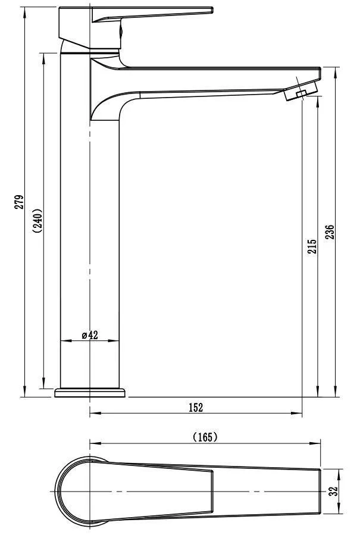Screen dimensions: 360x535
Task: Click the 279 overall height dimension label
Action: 19,202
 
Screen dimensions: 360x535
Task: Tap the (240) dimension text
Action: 37,220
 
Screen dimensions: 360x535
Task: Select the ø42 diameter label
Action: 90,335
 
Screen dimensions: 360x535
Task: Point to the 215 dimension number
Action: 312,246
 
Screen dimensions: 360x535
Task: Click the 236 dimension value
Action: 330,231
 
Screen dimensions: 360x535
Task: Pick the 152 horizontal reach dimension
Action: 196,407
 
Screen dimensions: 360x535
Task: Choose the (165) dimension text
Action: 205,437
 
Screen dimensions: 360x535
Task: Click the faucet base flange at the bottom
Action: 90,393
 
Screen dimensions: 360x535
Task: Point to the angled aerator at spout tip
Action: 301,90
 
